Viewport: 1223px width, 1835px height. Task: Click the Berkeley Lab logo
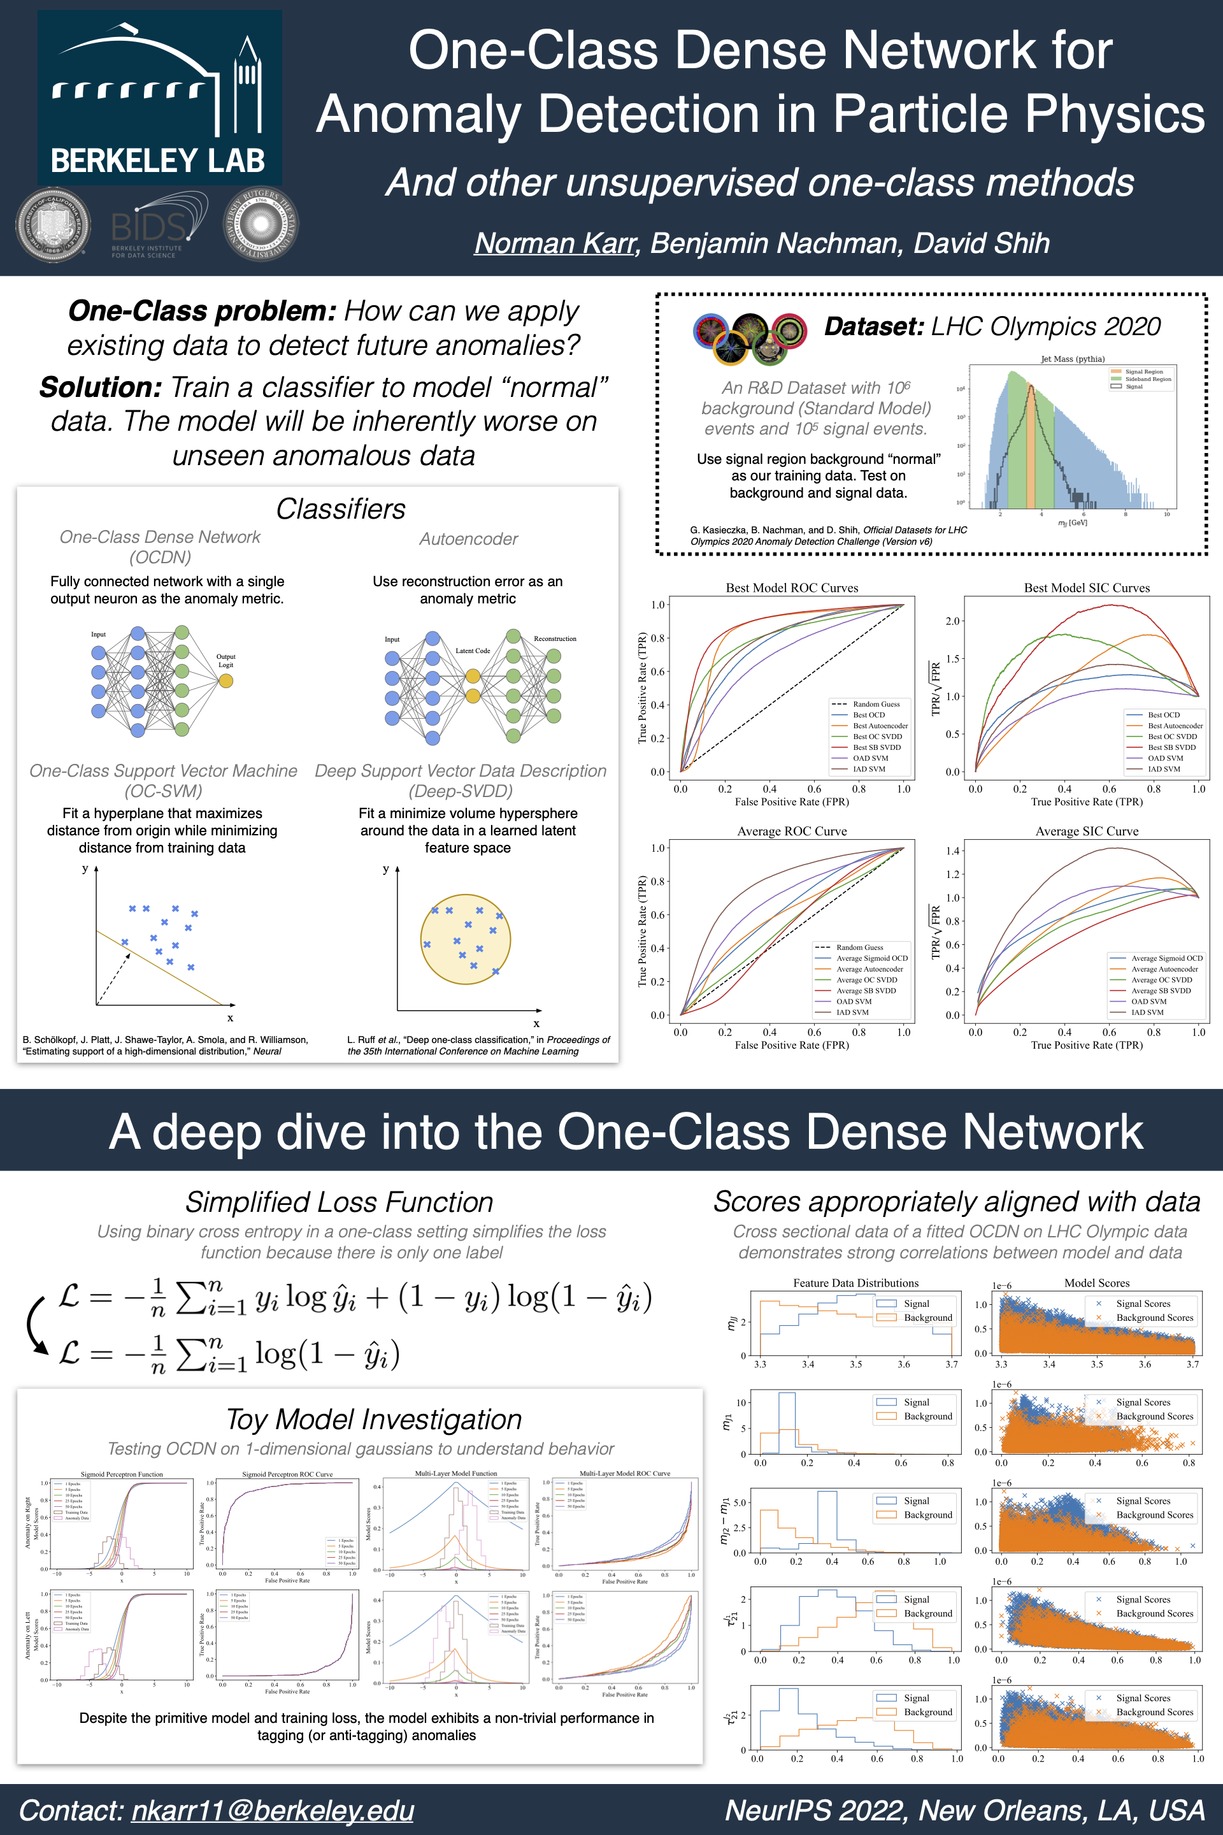159,97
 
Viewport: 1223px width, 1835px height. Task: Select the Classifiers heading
341,508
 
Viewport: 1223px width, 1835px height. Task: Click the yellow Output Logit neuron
225,681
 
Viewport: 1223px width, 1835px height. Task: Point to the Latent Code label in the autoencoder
473,651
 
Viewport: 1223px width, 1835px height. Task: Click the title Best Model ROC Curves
792,587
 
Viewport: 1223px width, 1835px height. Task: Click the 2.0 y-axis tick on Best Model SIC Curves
952,621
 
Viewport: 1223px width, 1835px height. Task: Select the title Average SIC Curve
1087,831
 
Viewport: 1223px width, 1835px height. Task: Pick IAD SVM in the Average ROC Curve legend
852,1012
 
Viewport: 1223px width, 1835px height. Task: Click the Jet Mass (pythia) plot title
1073,359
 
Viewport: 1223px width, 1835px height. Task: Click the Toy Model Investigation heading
374,1419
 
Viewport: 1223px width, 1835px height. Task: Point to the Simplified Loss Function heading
340,1202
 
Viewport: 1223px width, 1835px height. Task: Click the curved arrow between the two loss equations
35,1325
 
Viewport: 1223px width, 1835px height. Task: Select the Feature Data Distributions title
855,1283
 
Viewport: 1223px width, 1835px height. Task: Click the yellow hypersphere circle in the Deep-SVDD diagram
465,939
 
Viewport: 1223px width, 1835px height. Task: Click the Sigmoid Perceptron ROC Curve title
287,1474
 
